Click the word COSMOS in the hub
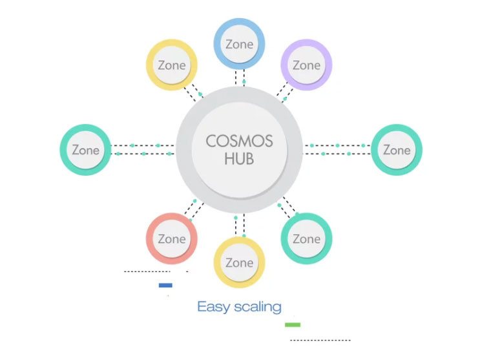(x=239, y=142)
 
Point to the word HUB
(x=239, y=159)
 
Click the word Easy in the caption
(x=214, y=307)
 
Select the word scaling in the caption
(x=258, y=307)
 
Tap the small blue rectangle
(x=165, y=285)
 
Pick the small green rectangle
(x=293, y=324)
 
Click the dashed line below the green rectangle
(x=320, y=340)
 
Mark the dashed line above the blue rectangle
(x=147, y=271)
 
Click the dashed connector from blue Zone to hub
(x=240, y=78)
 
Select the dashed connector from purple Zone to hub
(x=285, y=92)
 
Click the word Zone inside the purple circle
(x=306, y=65)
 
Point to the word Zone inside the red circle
(x=172, y=239)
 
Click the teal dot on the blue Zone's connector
(x=244, y=82)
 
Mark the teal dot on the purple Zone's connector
(x=285, y=99)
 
